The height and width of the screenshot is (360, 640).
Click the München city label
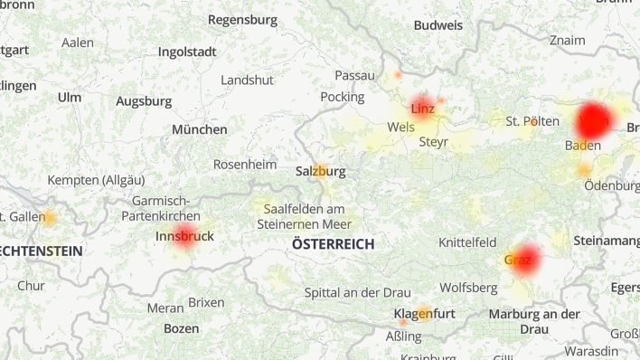(x=200, y=129)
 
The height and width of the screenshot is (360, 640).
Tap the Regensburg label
(x=242, y=19)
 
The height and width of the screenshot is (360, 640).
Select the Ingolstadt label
(x=187, y=52)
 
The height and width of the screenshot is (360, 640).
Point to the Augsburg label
(x=143, y=101)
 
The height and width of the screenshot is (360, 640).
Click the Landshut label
(x=247, y=80)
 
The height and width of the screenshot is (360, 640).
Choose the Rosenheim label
(x=244, y=165)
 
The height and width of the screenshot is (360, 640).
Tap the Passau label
(x=354, y=75)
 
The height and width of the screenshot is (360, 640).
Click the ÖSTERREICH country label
(x=333, y=244)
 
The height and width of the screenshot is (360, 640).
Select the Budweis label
(x=438, y=25)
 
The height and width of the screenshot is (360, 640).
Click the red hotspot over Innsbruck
(x=184, y=237)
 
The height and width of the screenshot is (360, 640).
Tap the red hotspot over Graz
(x=522, y=260)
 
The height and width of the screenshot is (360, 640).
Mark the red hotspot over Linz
(x=422, y=107)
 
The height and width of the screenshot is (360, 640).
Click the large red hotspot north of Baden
(x=594, y=119)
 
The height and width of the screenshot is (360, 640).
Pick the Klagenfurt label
(x=424, y=314)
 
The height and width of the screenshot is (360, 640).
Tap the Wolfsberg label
(x=468, y=288)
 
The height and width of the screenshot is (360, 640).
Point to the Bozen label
(x=181, y=328)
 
